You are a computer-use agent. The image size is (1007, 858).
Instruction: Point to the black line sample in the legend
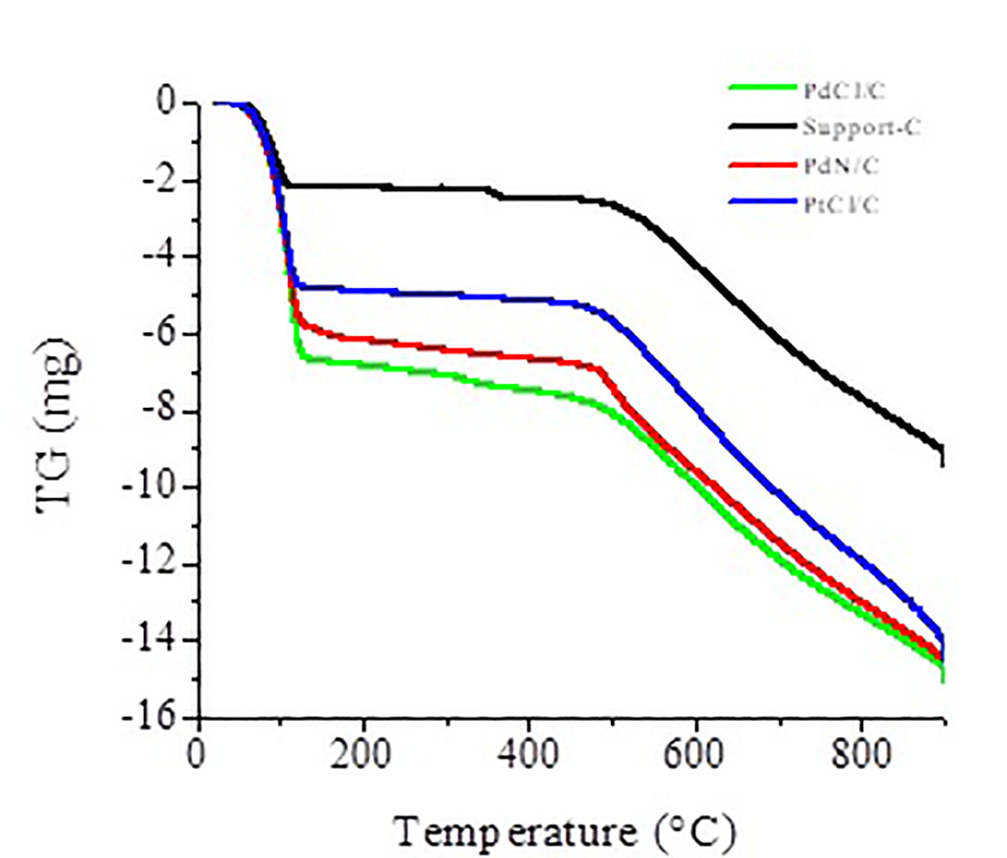point(762,126)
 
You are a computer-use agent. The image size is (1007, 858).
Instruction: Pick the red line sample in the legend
point(762,164)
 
